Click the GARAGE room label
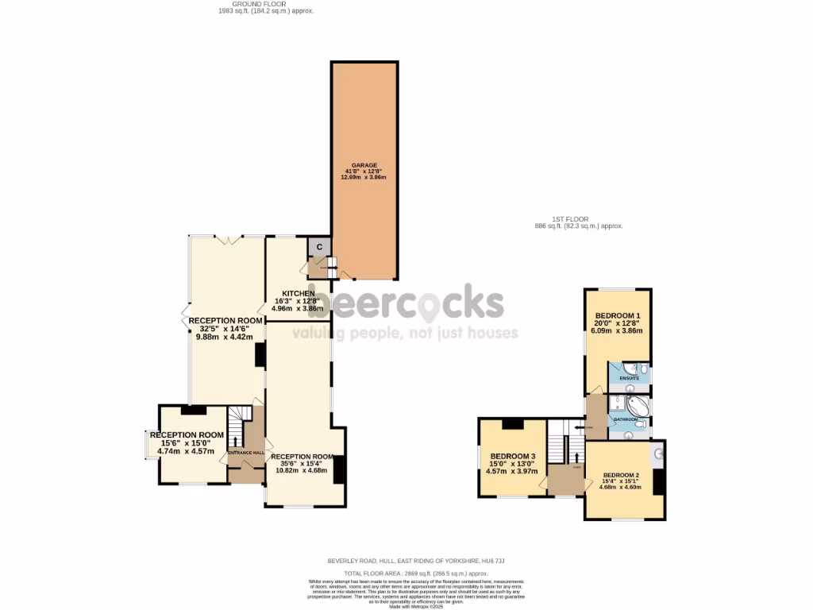tap(364, 166)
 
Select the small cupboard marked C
tap(319, 247)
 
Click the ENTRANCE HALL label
tap(246, 453)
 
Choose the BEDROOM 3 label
tap(511, 456)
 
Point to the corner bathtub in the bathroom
tap(638, 408)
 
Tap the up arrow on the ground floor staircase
tap(235, 439)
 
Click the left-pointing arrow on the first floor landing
tap(588, 427)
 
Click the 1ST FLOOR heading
tap(579, 219)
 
